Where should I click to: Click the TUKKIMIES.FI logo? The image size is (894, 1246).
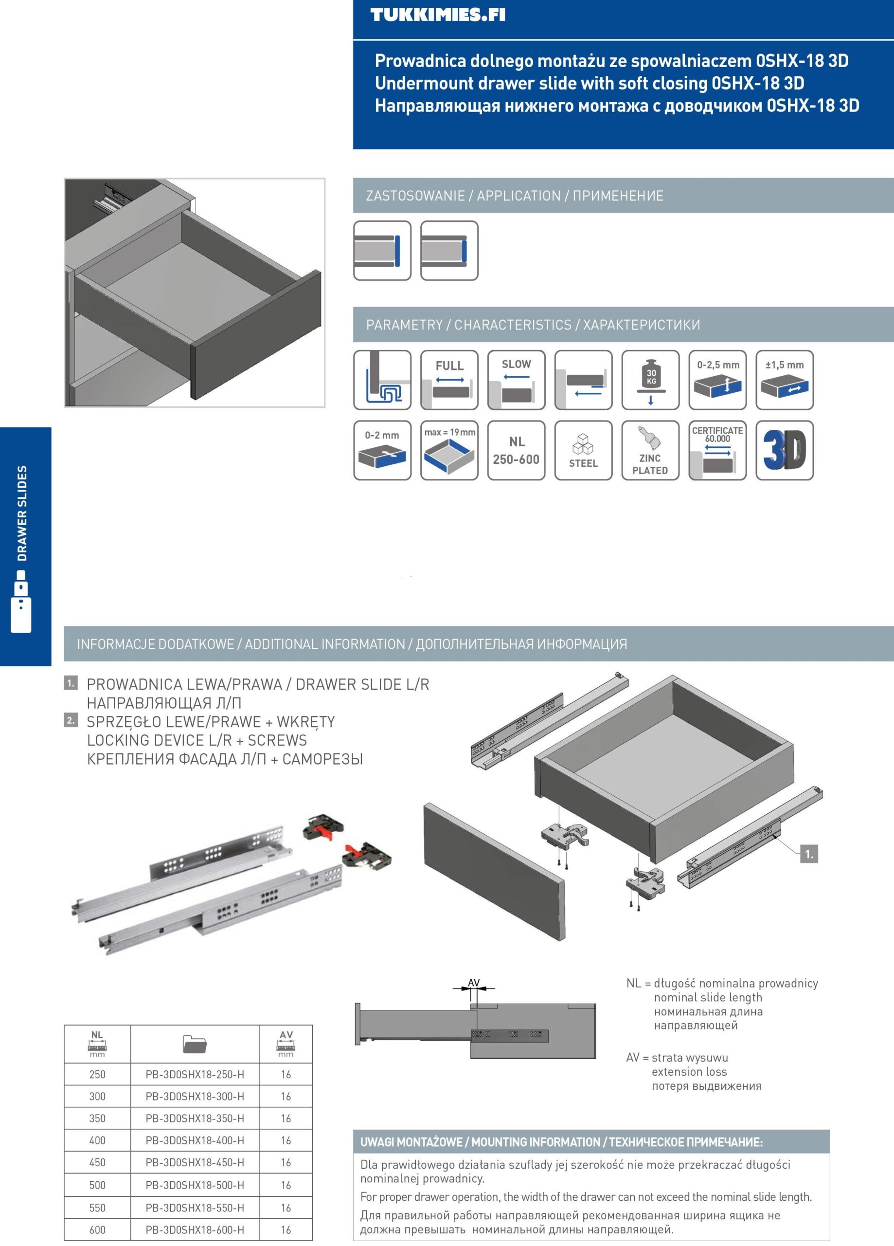[x=438, y=15]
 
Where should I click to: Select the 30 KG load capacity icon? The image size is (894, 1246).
[x=650, y=380]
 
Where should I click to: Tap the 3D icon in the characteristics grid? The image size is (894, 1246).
[x=784, y=450]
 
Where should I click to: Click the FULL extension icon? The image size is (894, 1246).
[x=449, y=380]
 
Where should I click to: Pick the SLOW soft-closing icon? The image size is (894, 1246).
[x=516, y=380]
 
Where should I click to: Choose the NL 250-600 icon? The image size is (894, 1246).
[x=516, y=450]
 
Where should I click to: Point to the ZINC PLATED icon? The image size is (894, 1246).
[x=650, y=450]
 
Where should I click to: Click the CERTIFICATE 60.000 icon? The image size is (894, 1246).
[x=717, y=450]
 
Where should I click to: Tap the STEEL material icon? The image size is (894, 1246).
[x=583, y=450]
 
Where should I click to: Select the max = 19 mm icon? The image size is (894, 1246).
[x=449, y=450]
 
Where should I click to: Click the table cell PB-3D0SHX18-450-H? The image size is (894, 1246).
[x=195, y=1162]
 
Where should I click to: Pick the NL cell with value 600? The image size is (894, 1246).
[x=97, y=1230]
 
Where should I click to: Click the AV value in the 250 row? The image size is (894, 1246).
[x=286, y=1075]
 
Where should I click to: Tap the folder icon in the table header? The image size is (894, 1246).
[x=195, y=1044]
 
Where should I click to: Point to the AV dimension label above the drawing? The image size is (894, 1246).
[x=473, y=983]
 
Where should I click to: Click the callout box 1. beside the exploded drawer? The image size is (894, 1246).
[x=809, y=854]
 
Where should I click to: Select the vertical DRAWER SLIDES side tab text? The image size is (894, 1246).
[x=22, y=513]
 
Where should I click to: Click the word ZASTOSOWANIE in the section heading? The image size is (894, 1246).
[x=415, y=196]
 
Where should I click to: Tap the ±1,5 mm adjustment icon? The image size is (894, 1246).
[x=784, y=380]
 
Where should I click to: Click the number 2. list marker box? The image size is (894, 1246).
[x=71, y=720]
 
